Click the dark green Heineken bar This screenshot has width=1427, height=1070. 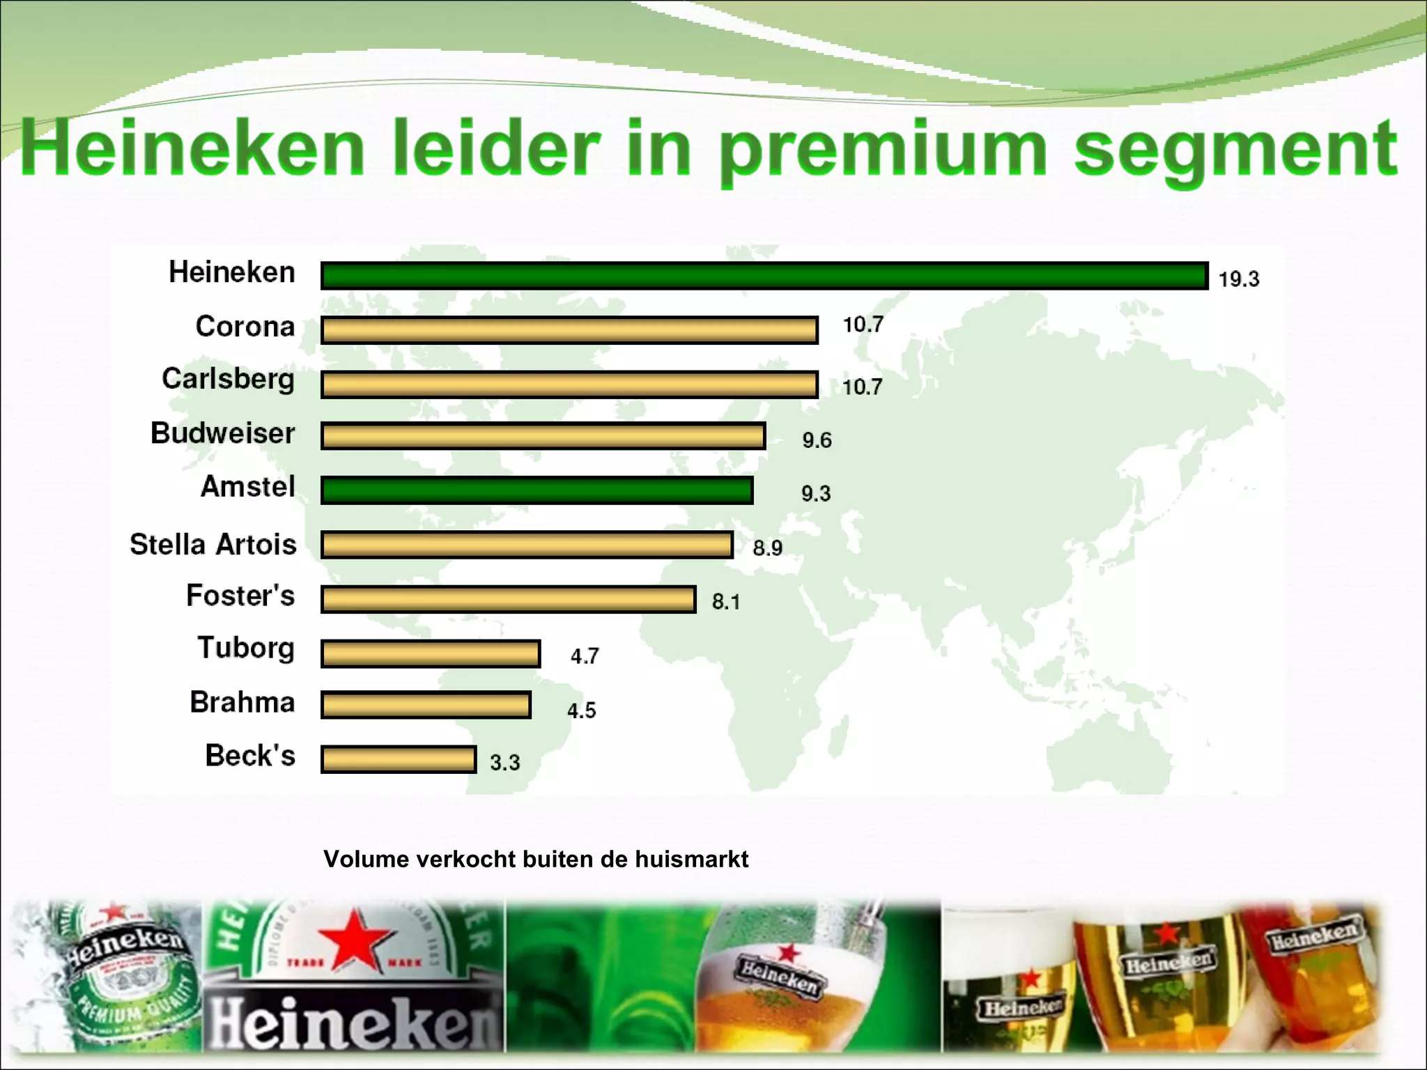tap(764, 276)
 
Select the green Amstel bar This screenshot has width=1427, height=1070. tap(537, 490)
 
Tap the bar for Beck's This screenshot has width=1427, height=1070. tap(399, 759)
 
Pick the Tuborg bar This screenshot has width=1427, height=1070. tap(431, 654)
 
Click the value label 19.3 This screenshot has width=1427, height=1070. tap(1238, 279)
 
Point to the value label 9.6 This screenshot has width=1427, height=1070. tap(817, 440)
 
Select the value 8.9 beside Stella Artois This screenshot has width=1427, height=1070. tap(767, 548)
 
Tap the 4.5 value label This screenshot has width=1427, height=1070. tap(581, 711)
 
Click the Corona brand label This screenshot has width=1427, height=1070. tap(245, 326)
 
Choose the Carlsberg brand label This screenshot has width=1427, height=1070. tap(228, 380)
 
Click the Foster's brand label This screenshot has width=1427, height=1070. tap(240, 596)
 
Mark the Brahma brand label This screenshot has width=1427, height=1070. tap(242, 702)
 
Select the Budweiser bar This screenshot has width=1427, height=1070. tap(543, 436)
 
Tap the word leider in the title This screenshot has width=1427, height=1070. tap(496, 148)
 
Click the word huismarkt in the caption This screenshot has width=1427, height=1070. tap(691, 859)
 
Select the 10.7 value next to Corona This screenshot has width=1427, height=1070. tap(863, 325)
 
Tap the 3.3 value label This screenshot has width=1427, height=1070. tap(504, 762)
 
